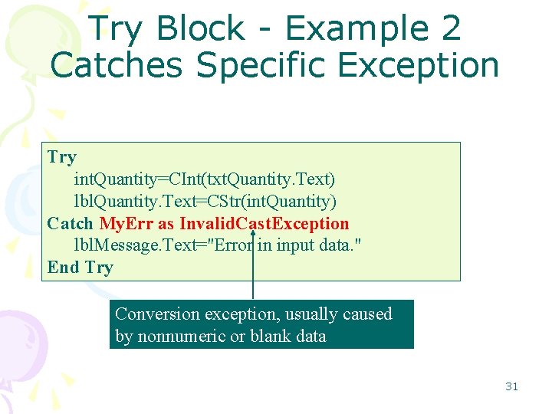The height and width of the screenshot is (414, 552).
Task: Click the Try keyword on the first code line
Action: click(x=61, y=157)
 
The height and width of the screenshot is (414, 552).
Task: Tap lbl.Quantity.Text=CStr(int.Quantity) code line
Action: click(x=204, y=202)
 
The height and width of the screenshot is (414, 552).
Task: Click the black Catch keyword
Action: click(x=70, y=224)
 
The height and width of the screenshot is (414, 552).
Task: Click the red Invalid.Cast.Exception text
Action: click(x=264, y=224)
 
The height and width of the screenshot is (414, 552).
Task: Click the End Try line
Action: click(x=80, y=268)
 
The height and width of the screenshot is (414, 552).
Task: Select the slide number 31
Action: click(x=511, y=386)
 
